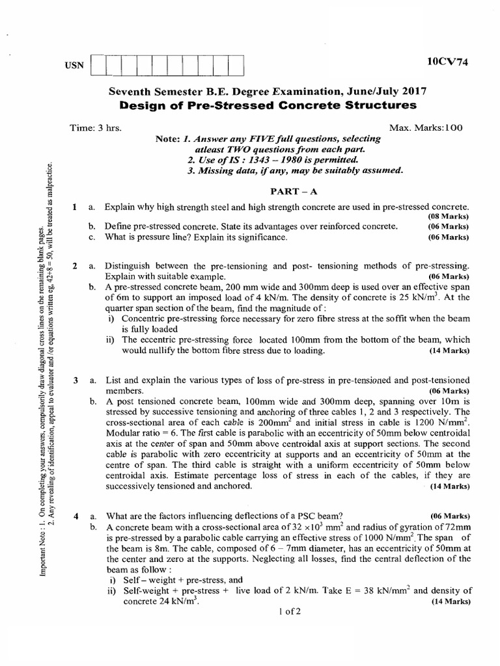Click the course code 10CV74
(448, 62)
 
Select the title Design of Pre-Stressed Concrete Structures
(264, 105)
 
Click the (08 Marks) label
(449, 216)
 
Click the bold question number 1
(76, 207)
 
